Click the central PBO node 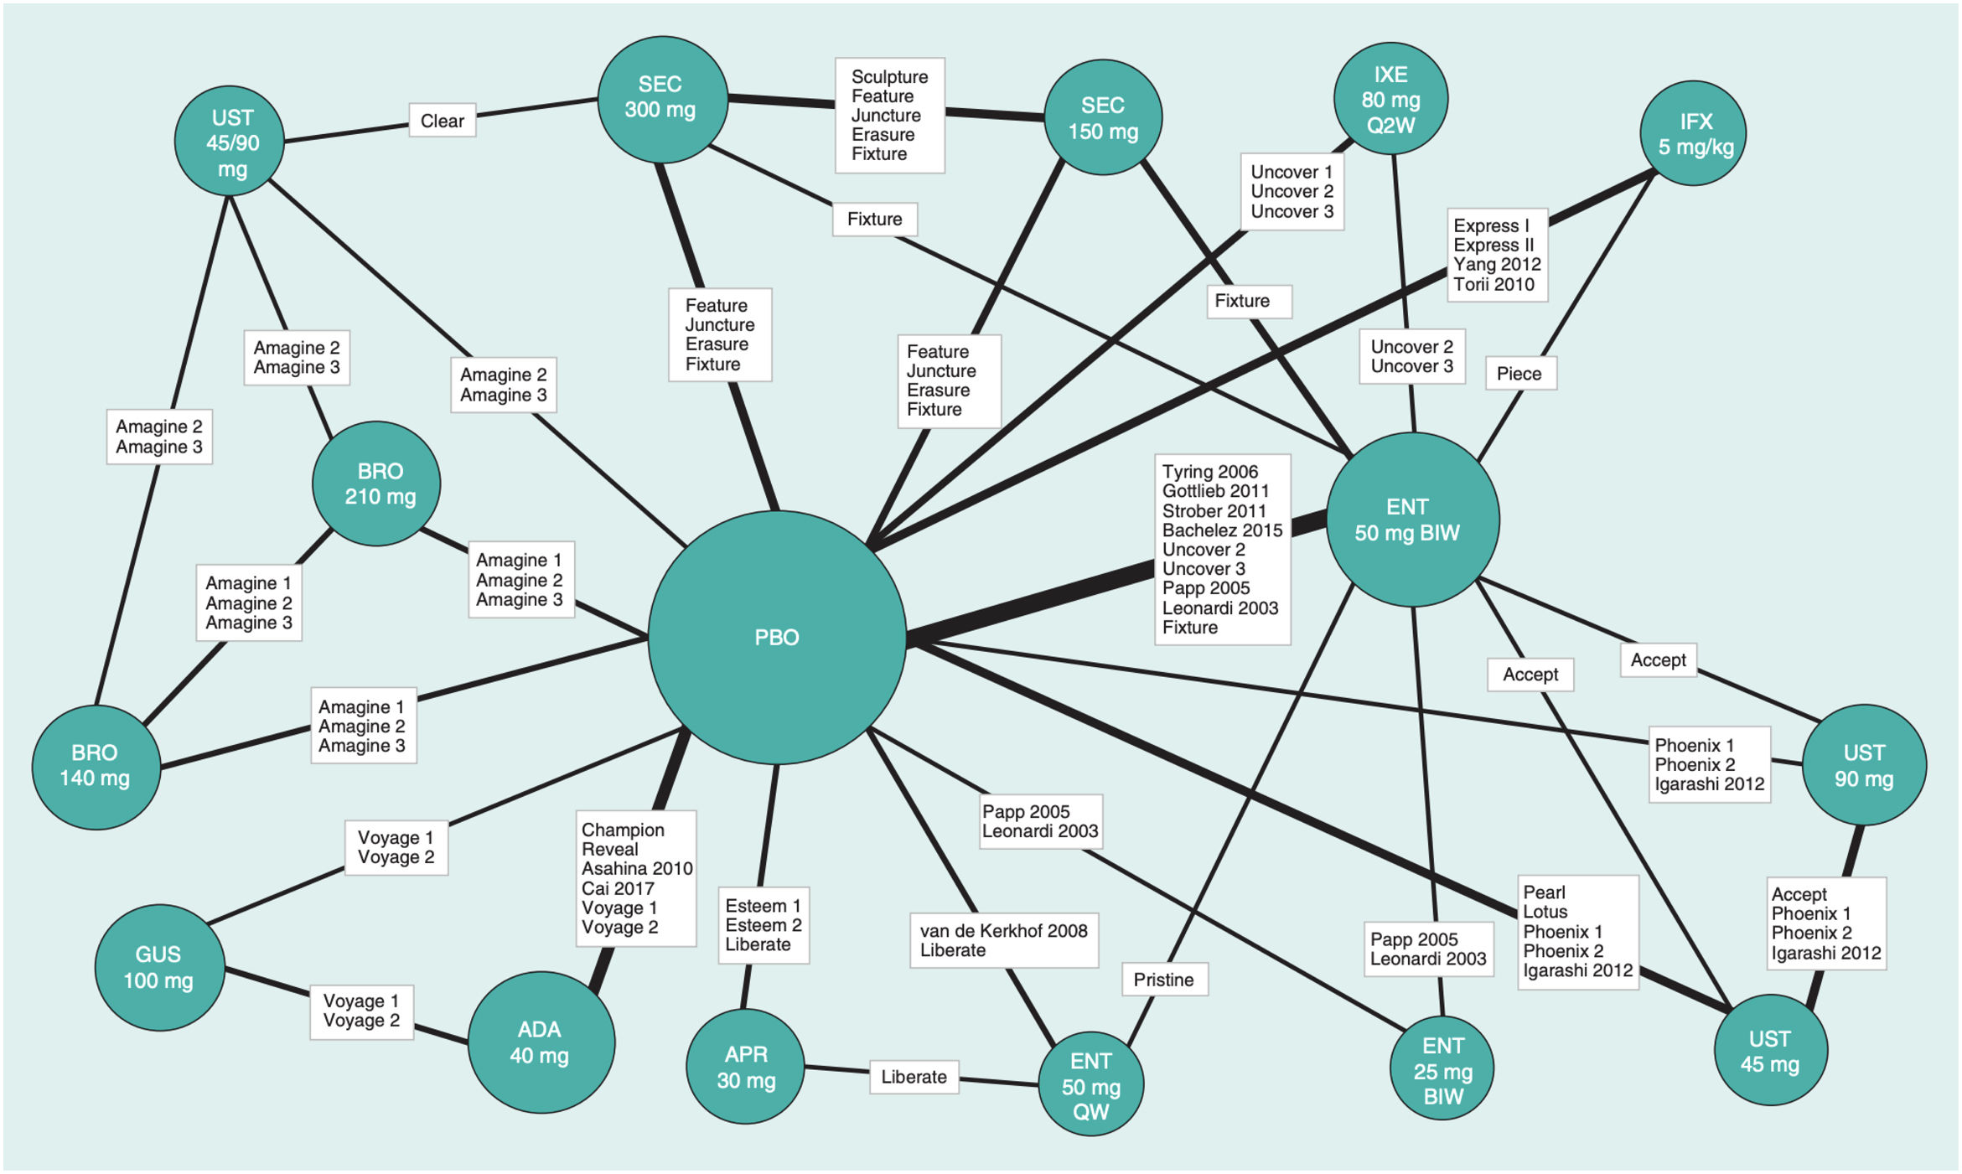pyautogui.click(x=777, y=637)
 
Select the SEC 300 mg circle pyautogui.click(x=661, y=99)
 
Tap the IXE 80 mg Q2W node pyautogui.click(x=1390, y=99)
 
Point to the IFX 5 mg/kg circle pyautogui.click(x=1693, y=133)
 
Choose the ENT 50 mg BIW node pyautogui.click(x=1412, y=520)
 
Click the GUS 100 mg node pyautogui.click(x=159, y=967)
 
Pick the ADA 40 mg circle pyautogui.click(x=541, y=1042)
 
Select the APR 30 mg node pyautogui.click(x=745, y=1066)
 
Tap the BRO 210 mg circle pyautogui.click(x=376, y=484)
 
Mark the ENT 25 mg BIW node pyautogui.click(x=1442, y=1069)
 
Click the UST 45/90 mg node pyautogui.click(x=230, y=141)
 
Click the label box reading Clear pyautogui.click(x=442, y=121)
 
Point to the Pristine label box pyautogui.click(x=1164, y=979)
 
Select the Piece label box pyautogui.click(x=1519, y=374)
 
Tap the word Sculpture pyautogui.click(x=889, y=77)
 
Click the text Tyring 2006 pyautogui.click(x=1209, y=472)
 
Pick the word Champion pyautogui.click(x=623, y=830)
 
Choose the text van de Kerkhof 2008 pyautogui.click(x=1003, y=930)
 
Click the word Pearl pyautogui.click(x=1544, y=892)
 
